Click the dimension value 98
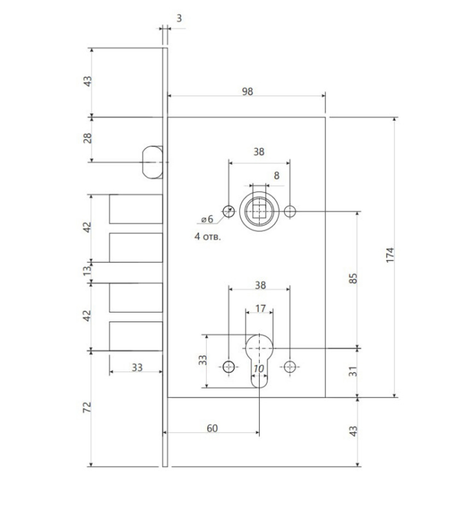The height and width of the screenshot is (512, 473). (247, 91)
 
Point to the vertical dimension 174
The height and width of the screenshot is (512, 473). (390, 255)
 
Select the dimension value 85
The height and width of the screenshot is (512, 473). (353, 278)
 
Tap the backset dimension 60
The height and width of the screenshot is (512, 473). (212, 428)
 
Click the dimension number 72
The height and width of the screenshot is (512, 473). (87, 407)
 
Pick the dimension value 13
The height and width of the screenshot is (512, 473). (87, 270)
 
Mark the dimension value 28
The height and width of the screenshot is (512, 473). (88, 138)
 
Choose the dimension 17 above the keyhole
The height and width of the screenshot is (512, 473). (260, 308)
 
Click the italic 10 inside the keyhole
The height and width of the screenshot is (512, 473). (259, 368)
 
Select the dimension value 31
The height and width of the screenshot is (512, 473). (353, 372)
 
